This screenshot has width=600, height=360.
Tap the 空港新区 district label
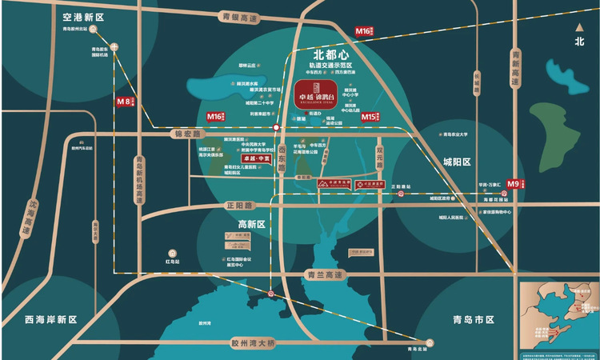[85, 15]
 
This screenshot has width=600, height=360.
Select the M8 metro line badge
[123, 102]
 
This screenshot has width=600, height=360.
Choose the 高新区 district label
[250, 224]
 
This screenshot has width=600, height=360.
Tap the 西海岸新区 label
[50, 319]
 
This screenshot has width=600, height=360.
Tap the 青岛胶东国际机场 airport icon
[114, 46]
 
